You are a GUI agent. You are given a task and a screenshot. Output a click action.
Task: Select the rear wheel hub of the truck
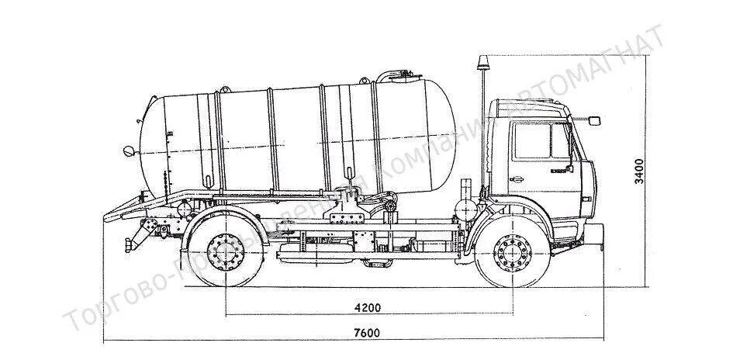226,252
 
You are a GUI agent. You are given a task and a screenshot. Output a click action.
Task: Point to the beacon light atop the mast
484,61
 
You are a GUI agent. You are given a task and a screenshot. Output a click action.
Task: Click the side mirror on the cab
594,120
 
